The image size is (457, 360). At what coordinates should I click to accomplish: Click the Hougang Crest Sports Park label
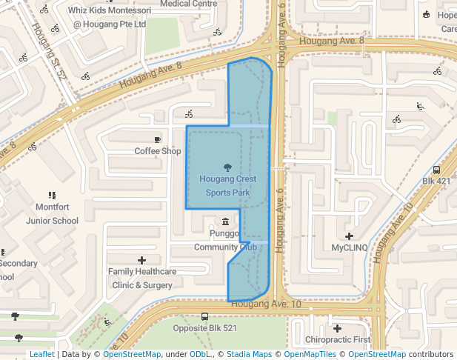point(227,186)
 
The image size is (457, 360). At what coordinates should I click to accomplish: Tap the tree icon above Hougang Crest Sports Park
point(227,167)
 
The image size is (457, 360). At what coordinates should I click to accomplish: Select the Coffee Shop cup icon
point(157,139)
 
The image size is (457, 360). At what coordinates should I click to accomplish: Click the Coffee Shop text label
point(157,151)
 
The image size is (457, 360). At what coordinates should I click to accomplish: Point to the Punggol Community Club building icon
point(226,221)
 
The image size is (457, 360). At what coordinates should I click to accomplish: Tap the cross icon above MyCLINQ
point(350,236)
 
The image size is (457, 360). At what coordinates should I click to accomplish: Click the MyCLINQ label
point(350,247)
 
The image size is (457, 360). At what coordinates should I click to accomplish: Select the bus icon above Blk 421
point(436,169)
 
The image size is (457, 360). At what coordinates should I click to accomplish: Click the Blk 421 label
point(436,181)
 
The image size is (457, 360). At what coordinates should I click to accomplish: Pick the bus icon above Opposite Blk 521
point(204,316)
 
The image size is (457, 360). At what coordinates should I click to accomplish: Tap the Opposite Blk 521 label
point(204,328)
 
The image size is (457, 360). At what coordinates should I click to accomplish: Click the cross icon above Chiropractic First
point(337,328)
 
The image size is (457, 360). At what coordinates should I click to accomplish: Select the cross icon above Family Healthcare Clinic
point(142,260)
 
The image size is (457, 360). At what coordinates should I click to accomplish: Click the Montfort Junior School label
point(52,213)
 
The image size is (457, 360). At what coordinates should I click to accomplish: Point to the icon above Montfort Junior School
point(52,196)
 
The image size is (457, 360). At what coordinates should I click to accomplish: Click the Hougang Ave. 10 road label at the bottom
point(266,304)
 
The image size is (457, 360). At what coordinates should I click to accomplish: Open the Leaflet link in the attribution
point(41,354)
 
